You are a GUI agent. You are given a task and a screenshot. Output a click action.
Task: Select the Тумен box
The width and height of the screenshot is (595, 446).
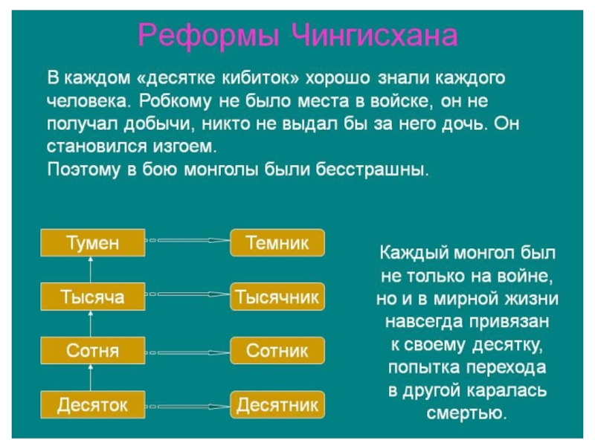click(x=92, y=242)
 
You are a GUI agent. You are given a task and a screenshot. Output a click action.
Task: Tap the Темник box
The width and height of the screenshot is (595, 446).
click(x=277, y=242)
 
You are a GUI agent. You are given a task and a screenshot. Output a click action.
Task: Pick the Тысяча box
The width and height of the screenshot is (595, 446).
click(x=92, y=297)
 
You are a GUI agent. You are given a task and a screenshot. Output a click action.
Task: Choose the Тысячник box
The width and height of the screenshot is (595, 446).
click(x=277, y=297)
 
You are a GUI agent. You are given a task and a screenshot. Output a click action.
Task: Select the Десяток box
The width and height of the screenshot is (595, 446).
click(x=92, y=405)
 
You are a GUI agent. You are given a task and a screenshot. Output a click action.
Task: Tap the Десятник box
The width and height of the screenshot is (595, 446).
click(x=277, y=405)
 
